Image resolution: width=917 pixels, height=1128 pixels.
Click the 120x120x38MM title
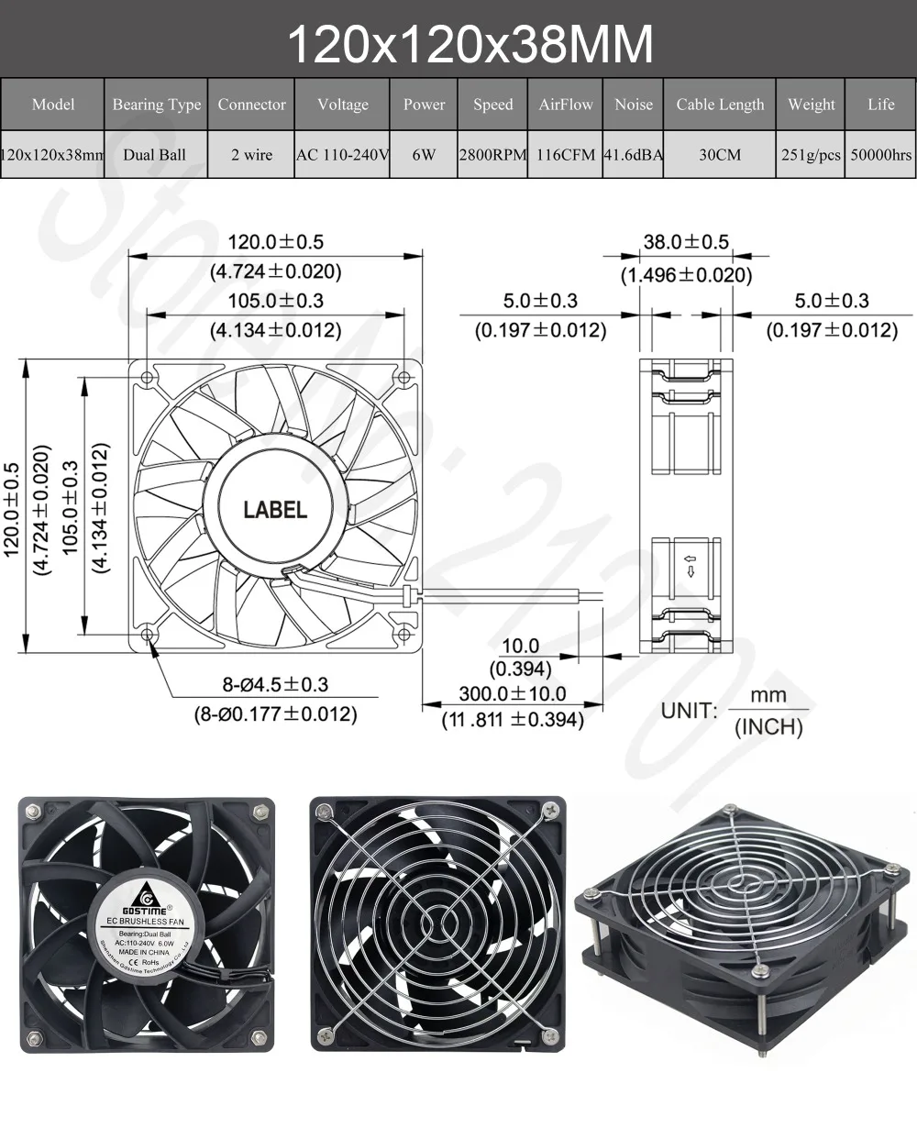[x=471, y=42]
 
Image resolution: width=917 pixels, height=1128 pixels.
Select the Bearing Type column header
[x=156, y=105]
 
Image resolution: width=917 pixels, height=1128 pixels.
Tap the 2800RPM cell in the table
[x=492, y=154]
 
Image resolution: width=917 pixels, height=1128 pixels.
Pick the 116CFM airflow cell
[x=565, y=154]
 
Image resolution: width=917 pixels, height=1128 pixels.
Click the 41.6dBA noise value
[x=633, y=154]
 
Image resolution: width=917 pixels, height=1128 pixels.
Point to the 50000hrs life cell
[x=880, y=154]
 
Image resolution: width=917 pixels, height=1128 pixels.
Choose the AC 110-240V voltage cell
[x=342, y=154]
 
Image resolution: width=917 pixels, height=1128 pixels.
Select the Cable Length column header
[x=720, y=105]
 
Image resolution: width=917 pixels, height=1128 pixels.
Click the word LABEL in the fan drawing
[x=275, y=510]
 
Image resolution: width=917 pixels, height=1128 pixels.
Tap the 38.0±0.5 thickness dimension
[x=686, y=242]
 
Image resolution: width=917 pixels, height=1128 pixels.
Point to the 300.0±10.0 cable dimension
[x=513, y=694]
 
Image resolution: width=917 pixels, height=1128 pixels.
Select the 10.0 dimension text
[x=521, y=647]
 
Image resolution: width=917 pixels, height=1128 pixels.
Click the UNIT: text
[x=689, y=711]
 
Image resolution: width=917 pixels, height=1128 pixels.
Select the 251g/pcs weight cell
[x=811, y=154]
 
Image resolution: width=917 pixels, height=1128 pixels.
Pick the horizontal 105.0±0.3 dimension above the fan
[x=276, y=301]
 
